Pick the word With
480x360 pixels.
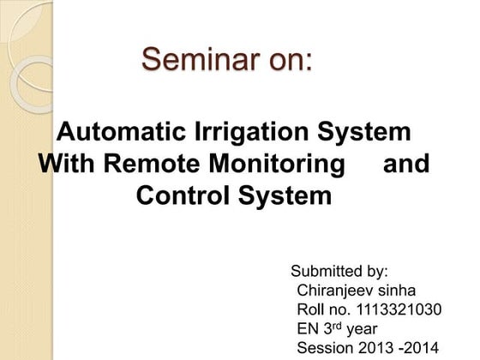click(64, 164)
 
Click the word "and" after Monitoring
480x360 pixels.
click(405, 164)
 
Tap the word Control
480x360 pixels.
click(183, 195)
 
